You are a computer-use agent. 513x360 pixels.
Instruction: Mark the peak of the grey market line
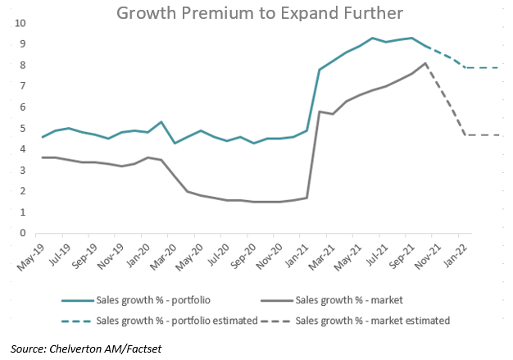pyautogui.click(x=425, y=63)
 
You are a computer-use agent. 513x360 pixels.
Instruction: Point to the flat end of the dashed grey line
pyautogui.click(x=499, y=134)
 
